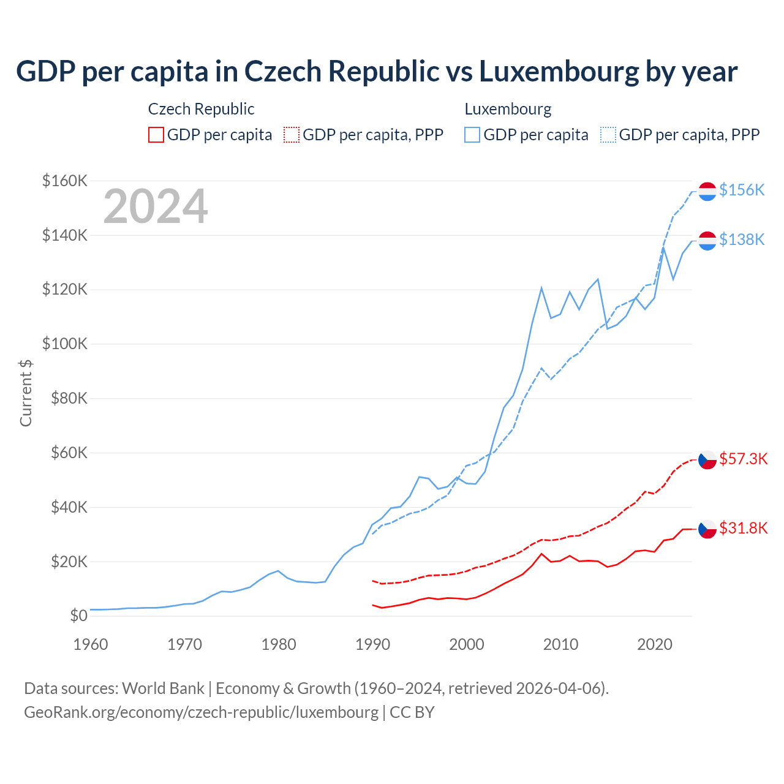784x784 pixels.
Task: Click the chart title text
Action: tap(377, 72)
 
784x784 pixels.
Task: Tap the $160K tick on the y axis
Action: tap(65, 181)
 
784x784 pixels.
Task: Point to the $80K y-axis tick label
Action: tap(65, 398)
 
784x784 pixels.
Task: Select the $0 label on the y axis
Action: tap(78, 616)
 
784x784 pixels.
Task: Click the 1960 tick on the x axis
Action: tap(90, 644)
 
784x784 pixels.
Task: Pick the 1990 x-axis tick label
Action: tap(372, 644)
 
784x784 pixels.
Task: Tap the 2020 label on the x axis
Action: tap(655, 644)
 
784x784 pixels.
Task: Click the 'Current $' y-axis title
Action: tap(26, 393)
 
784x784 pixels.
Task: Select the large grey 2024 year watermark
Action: tap(156, 206)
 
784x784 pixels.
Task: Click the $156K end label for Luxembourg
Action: tap(742, 190)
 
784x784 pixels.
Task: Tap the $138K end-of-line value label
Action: tap(742, 239)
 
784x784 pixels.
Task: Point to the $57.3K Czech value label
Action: tap(743, 459)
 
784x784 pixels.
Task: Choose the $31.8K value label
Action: tap(743, 528)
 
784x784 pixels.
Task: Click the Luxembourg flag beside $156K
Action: tap(707, 191)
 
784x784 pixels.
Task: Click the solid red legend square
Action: tap(156, 135)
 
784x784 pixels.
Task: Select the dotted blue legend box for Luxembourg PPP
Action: tap(608, 135)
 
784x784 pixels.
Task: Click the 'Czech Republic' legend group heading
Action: tap(201, 109)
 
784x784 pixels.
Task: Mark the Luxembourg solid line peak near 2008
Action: tap(541, 287)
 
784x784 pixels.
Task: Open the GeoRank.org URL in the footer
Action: tap(201, 712)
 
